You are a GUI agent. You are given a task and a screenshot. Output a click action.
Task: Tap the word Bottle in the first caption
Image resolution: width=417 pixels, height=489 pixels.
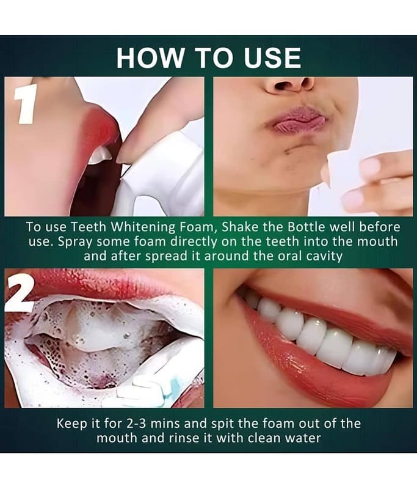pos(330,226)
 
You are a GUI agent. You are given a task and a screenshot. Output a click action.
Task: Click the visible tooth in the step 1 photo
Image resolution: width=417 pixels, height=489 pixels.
pos(98,155)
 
